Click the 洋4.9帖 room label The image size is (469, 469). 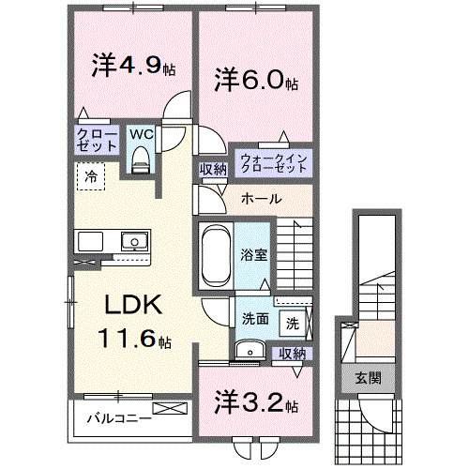click(x=132, y=67)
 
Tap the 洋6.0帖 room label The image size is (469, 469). click(x=255, y=80)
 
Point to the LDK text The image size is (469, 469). click(x=134, y=305)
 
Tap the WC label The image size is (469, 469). click(x=142, y=134)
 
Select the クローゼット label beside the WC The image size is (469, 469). click(x=97, y=142)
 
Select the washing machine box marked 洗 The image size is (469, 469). click(x=292, y=324)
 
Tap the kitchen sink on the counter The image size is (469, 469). click(x=133, y=241)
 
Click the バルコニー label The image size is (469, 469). click(x=121, y=418)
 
